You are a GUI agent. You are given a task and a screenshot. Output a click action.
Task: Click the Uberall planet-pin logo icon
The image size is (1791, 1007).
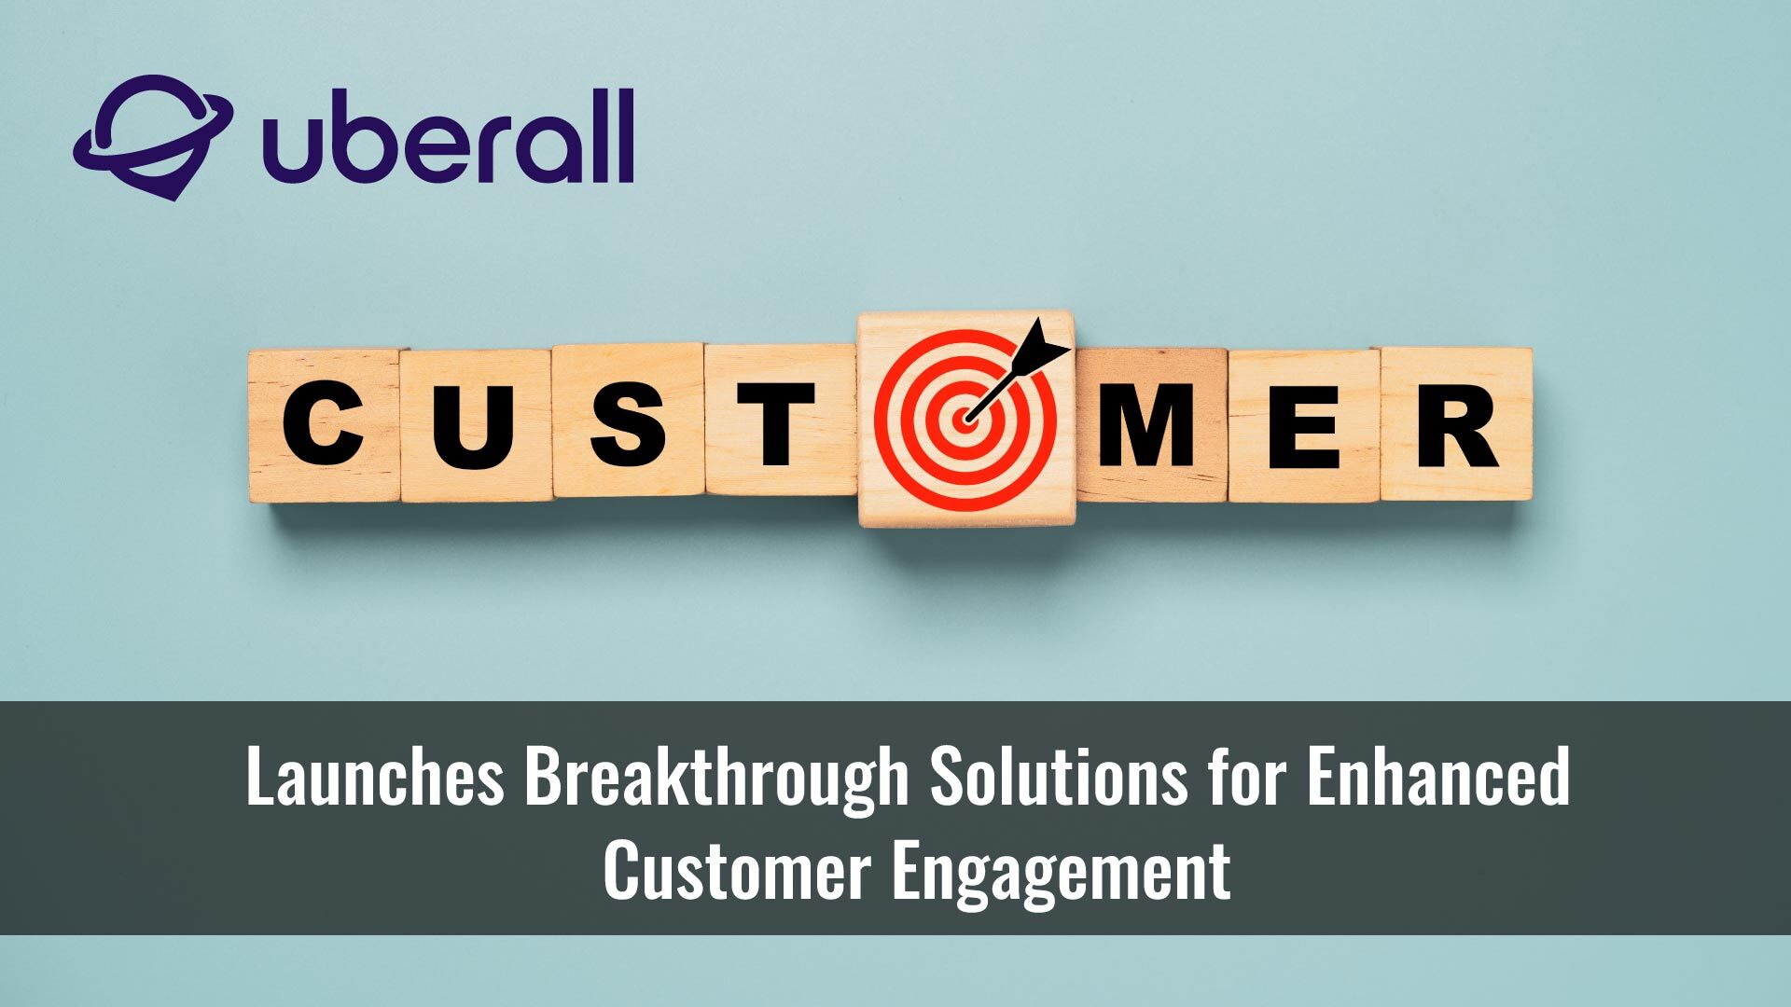[x=151, y=136]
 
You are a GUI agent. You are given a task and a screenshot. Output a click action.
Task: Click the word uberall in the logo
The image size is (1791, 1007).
[x=448, y=138]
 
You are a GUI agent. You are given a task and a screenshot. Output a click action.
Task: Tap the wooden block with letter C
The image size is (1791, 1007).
[x=324, y=425]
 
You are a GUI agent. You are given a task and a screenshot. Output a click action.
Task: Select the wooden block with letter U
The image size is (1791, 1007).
[x=475, y=425]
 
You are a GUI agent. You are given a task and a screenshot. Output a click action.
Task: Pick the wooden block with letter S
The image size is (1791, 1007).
[x=628, y=421]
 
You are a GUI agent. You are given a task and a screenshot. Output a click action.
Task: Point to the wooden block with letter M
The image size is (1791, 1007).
[x=1150, y=425]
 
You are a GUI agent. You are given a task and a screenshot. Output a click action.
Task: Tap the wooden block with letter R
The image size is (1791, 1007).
[x=1455, y=425]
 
